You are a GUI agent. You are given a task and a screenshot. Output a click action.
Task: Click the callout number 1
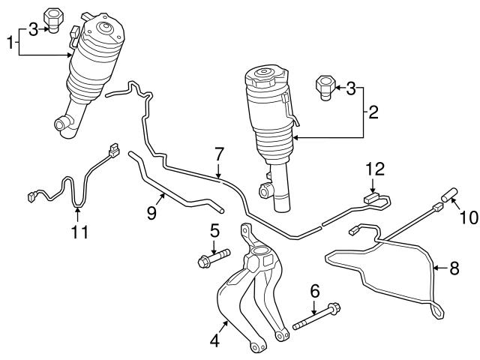[x=10, y=42]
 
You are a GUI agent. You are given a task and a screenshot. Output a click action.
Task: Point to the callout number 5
[x=214, y=231]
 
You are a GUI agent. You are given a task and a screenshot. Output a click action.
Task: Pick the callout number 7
[x=218, y=154]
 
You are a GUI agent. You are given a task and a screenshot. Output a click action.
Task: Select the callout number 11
[x=79, y=232]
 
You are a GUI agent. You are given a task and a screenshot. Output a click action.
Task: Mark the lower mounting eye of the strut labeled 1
[x=59, y=123]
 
